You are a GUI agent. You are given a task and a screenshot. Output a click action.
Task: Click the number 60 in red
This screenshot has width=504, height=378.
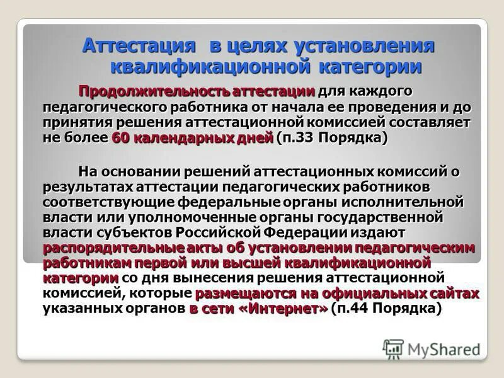(121, 138)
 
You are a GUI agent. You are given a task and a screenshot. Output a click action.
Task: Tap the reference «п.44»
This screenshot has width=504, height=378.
(356, 309)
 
